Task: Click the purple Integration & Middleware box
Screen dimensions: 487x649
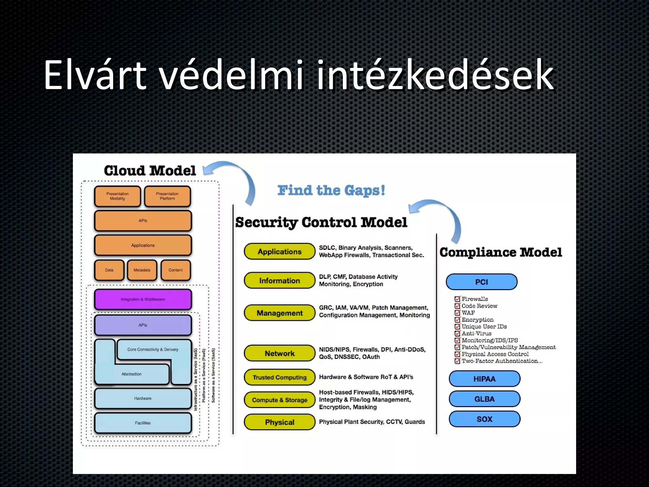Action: [143, 299]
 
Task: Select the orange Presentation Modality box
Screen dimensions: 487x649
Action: [117, 196]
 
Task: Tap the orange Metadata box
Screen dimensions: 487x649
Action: [142, 270]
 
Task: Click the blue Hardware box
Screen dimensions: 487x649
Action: [143, 398]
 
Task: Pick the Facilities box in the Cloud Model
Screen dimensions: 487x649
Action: [143, 423]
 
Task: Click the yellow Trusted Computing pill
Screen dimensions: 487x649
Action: [280, 377]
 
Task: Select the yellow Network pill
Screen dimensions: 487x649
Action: [280, 353]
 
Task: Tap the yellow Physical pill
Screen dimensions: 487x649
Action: [280, 422]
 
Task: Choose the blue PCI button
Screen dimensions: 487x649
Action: [481, 282]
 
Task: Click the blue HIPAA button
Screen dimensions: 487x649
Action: [484, 379]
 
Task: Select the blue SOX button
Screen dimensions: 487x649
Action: [484, 419]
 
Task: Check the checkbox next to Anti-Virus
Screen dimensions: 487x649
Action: [457, 334]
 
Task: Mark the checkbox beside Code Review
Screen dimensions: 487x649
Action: [457, 306]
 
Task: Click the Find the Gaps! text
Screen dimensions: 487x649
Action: [331, 190]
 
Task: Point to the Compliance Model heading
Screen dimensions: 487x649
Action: [500, 252]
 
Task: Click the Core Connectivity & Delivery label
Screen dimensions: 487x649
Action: [153, 349]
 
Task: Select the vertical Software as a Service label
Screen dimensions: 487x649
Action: [213, 376]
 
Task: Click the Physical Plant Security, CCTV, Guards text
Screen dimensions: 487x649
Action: [372, 422]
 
